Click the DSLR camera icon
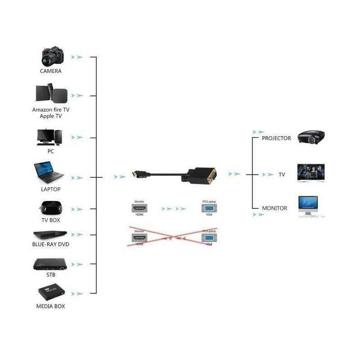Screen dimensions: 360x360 53,56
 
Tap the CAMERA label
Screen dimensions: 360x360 50,71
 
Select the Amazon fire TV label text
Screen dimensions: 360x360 51,109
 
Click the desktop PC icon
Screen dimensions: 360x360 49,137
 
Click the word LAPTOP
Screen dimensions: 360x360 50,189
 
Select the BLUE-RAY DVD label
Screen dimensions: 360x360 50,244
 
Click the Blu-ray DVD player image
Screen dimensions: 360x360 50,234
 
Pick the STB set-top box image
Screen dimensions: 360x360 50,264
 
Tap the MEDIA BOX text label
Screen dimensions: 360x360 50,306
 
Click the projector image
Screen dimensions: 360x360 311,136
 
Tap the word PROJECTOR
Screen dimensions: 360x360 276,139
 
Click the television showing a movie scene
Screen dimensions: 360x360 311,173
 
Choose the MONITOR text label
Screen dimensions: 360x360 274,208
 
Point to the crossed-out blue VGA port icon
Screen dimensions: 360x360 209,238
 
